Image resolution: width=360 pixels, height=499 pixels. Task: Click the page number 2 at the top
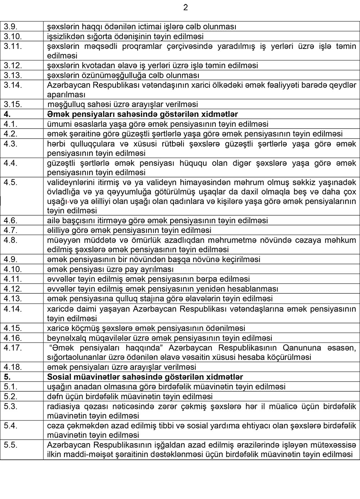click(185, 8)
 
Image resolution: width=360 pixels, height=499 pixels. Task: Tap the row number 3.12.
click(13, 66)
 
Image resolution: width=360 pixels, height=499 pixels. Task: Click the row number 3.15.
click(13, 104)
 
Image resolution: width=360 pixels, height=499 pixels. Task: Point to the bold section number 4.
click(6, 114)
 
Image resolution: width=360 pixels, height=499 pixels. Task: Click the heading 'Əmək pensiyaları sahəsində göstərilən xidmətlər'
click(143, 114)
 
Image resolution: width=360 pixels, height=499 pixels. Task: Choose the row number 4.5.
click(10, 182)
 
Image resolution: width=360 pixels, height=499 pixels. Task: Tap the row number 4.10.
click(13, 269)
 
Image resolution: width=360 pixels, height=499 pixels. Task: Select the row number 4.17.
click(13, 348)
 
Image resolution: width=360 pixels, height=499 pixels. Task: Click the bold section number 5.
click(6, 377)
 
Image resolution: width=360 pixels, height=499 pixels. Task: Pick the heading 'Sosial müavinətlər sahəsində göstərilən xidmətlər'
click(145, 377)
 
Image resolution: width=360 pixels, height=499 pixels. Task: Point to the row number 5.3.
click(10, 406)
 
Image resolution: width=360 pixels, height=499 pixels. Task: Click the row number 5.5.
click(10, 445)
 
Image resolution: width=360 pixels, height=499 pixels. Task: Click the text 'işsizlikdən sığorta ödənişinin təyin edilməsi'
click(125, 36)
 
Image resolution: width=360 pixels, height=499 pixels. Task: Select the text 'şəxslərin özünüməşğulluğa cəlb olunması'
click(123, 75)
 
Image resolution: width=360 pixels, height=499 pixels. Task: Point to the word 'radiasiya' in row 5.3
click(62, 406)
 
